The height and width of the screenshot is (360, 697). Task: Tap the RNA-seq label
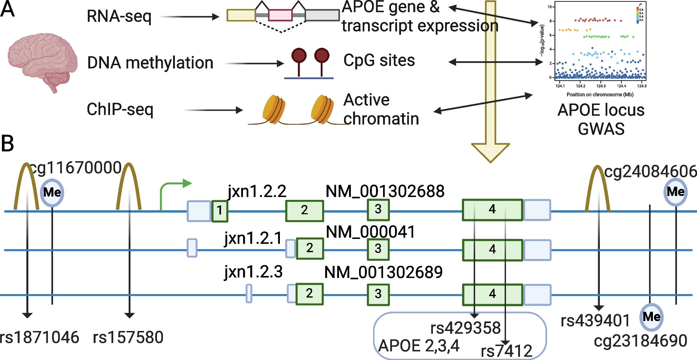pos(119,16)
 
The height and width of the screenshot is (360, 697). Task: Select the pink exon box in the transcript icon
pos(280,15)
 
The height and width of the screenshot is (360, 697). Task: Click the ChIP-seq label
pos(120,109)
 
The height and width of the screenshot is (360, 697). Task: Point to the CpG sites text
pos(379,61)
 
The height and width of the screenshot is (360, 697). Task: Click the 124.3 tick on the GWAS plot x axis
pos(601,86)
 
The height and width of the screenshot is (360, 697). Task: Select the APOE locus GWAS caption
pos(601,119)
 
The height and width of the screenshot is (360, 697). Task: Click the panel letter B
pos(8,143)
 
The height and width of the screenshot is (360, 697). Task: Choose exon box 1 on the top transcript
pos(220,211)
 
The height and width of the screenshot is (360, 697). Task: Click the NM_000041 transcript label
pos(371,232)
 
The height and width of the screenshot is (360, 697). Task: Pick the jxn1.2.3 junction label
pos(253,272)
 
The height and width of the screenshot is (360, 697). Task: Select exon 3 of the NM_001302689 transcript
pos(378,294)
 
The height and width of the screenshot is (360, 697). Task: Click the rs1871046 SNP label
pos(39,337)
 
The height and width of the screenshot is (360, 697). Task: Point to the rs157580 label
pos(128,337)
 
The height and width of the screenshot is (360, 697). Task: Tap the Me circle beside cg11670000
pos(52,193)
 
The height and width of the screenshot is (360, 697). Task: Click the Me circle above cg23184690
pos(651,317)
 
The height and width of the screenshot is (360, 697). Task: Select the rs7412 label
pos(506,351)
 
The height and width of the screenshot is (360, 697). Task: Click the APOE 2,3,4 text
pos(419,346)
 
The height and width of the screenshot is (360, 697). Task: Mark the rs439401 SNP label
pos(595,321)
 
